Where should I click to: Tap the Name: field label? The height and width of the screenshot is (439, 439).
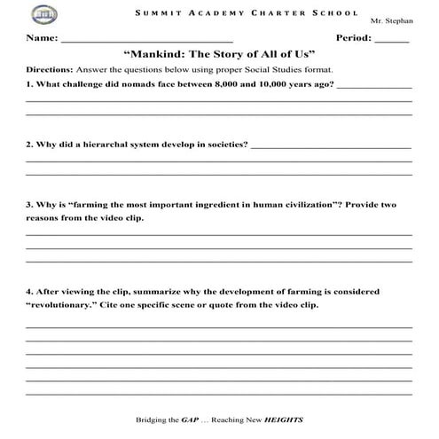pos(41,38)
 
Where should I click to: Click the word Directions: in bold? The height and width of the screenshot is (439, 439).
pos(49,69)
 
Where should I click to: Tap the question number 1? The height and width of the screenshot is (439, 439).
pos(28,84)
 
